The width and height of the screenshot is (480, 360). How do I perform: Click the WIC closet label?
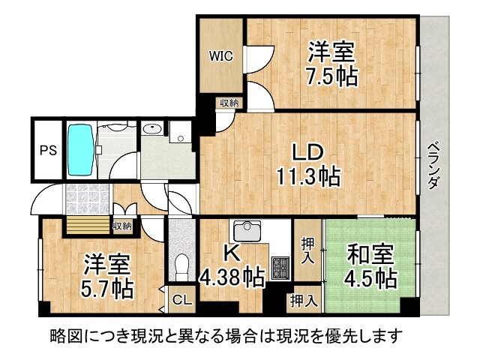[220, 56]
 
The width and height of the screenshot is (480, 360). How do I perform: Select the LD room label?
[307, 152]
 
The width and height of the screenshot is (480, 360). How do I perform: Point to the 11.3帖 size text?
[307, 177]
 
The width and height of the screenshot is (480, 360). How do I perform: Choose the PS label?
[47, 150]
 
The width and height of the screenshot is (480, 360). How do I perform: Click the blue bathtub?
[80, 149]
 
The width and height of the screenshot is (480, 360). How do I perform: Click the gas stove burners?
[280, 266]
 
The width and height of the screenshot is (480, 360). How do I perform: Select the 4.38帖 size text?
[233, 279]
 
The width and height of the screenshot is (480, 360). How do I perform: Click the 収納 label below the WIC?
[229, 103]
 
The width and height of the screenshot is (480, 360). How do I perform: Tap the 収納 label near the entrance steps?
[122, 225]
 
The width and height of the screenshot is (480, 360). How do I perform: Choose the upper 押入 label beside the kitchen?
[307, 250]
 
